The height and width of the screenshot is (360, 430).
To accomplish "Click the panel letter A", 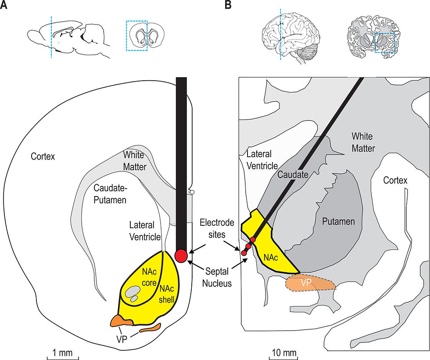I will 4,5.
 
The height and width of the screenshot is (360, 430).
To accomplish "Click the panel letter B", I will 228,5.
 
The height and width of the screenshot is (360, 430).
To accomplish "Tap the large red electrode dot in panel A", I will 181,255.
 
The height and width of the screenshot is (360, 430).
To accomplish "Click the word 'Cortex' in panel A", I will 43,156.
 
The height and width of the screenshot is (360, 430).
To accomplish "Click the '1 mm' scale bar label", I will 63,353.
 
